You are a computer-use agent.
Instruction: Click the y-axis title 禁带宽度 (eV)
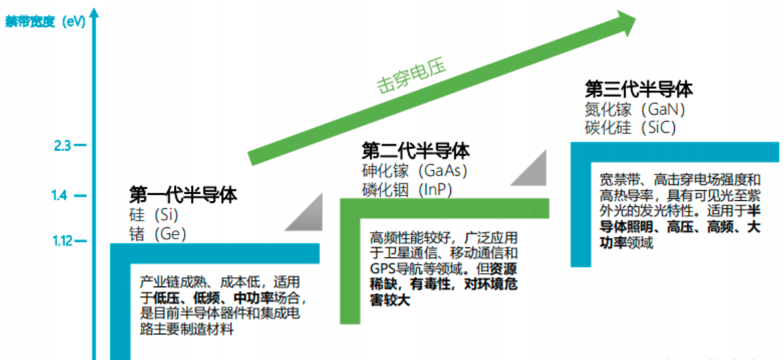click(x=45, y=21)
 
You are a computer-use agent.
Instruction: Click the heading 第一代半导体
click(x=183, y=196)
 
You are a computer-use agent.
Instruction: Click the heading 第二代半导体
click(x=415, y=150)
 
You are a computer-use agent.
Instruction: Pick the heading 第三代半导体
click(x=638, y=89)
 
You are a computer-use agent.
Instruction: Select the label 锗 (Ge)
click(x=157, y=233)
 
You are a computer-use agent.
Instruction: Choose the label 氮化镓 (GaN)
click(x=634, y=109)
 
